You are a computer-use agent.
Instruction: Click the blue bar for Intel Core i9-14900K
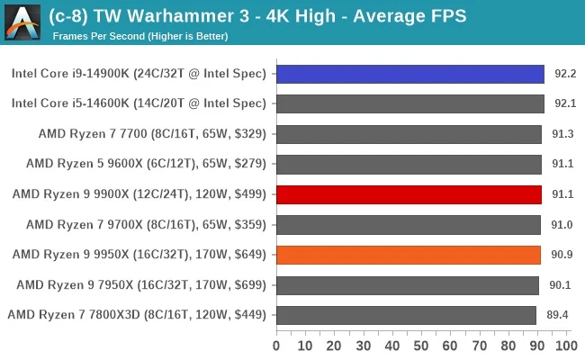[409, 74]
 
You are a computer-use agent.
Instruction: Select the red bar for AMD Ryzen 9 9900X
[409, 194]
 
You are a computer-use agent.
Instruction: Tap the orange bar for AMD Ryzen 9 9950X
[408, 255]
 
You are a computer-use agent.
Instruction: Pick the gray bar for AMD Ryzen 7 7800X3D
[406, 315]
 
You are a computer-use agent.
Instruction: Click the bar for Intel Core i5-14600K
[409, 103]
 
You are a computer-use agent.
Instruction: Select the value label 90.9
[562, 255]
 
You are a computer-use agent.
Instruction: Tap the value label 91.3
[562, 134]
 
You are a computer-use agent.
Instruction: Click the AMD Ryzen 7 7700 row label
[152, 134]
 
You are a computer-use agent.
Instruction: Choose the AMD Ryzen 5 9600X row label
[146, 164]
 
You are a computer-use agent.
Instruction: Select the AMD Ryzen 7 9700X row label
[146, 224]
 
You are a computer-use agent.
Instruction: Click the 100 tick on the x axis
[564, 346]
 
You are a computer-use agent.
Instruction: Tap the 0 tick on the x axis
[276, 346]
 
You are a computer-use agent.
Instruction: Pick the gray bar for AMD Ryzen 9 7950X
[407, 284]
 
